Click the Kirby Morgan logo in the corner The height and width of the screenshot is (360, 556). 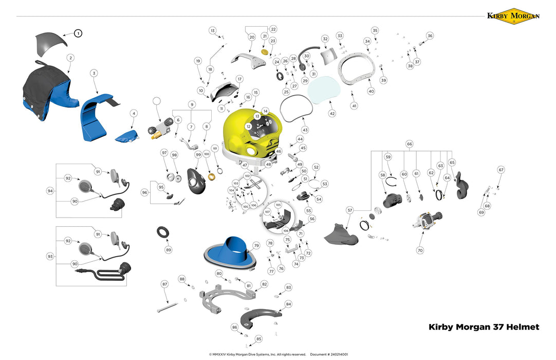pos(513,16)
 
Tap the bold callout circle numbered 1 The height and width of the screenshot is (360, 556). pos(78,33)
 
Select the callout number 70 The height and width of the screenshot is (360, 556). pos(420,250)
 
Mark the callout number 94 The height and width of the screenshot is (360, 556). pos(50,191)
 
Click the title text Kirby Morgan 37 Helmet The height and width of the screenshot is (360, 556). pos(484,327)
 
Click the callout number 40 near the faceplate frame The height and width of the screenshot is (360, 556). pos(371,91)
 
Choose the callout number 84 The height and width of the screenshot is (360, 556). pos(288,304)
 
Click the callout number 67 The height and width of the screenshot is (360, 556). pos(501,170)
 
